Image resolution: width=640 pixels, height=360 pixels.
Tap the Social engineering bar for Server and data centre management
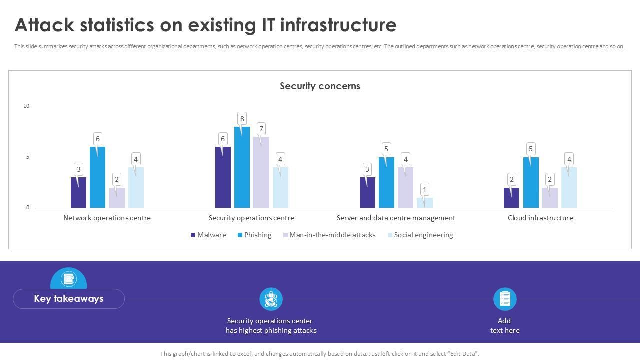(x=425, y=203)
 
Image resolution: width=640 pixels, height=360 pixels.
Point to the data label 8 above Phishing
(x=242, y=119)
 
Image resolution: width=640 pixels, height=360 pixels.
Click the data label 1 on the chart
(x=425, y=189)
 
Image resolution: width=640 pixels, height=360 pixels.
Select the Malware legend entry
(x=208, y=235)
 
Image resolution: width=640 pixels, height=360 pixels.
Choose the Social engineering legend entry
(x=420, y=235)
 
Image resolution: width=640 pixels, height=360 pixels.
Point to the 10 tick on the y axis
(x=26, y=106)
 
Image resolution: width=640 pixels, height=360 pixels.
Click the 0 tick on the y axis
(x=28, y=207)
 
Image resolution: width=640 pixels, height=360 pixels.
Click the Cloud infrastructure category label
(x=540, y=218)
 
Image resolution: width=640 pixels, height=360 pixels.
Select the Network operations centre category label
(x=107, y=218)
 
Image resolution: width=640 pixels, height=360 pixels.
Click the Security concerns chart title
(x=320, y=86)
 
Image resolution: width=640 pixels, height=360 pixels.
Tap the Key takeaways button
(x=69, y=299)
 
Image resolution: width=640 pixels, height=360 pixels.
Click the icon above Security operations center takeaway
(x=271, y=299)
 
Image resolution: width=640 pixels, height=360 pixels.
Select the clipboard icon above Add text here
(x=505, y=299)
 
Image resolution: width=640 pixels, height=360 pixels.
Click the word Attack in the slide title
(x=45, y=25)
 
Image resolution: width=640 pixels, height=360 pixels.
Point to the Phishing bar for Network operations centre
(x=97, y=177)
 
